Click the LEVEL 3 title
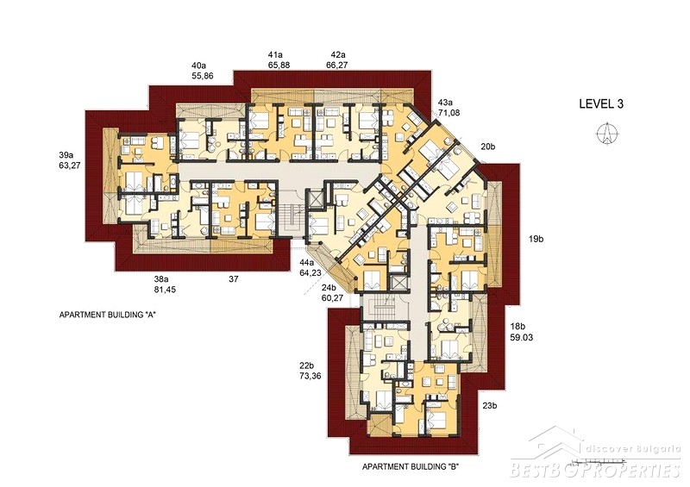coord(601,103)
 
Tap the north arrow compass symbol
coord(607,132)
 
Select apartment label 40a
coord(198,66)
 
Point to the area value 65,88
coord(279,66)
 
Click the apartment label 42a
coord(338,55)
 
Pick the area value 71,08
coord(448,113)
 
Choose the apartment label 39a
coord(66,155)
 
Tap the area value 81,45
coord(165,290)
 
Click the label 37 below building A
coord(233,279)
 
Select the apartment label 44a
coord(306,263)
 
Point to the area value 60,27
coord(332,298)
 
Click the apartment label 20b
coord(487,147)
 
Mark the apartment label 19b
coord(536,240)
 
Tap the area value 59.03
coord(522,337)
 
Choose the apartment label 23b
coord(489,406)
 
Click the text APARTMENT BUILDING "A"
coord(109,315)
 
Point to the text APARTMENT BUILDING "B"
coord(411,467)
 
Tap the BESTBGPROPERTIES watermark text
coord(595,471)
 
